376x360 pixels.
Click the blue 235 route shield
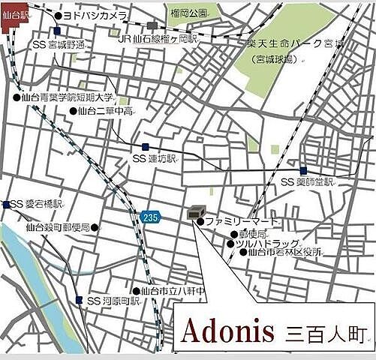149,216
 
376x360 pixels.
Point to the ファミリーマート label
240,222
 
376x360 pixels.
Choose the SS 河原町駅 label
113,301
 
